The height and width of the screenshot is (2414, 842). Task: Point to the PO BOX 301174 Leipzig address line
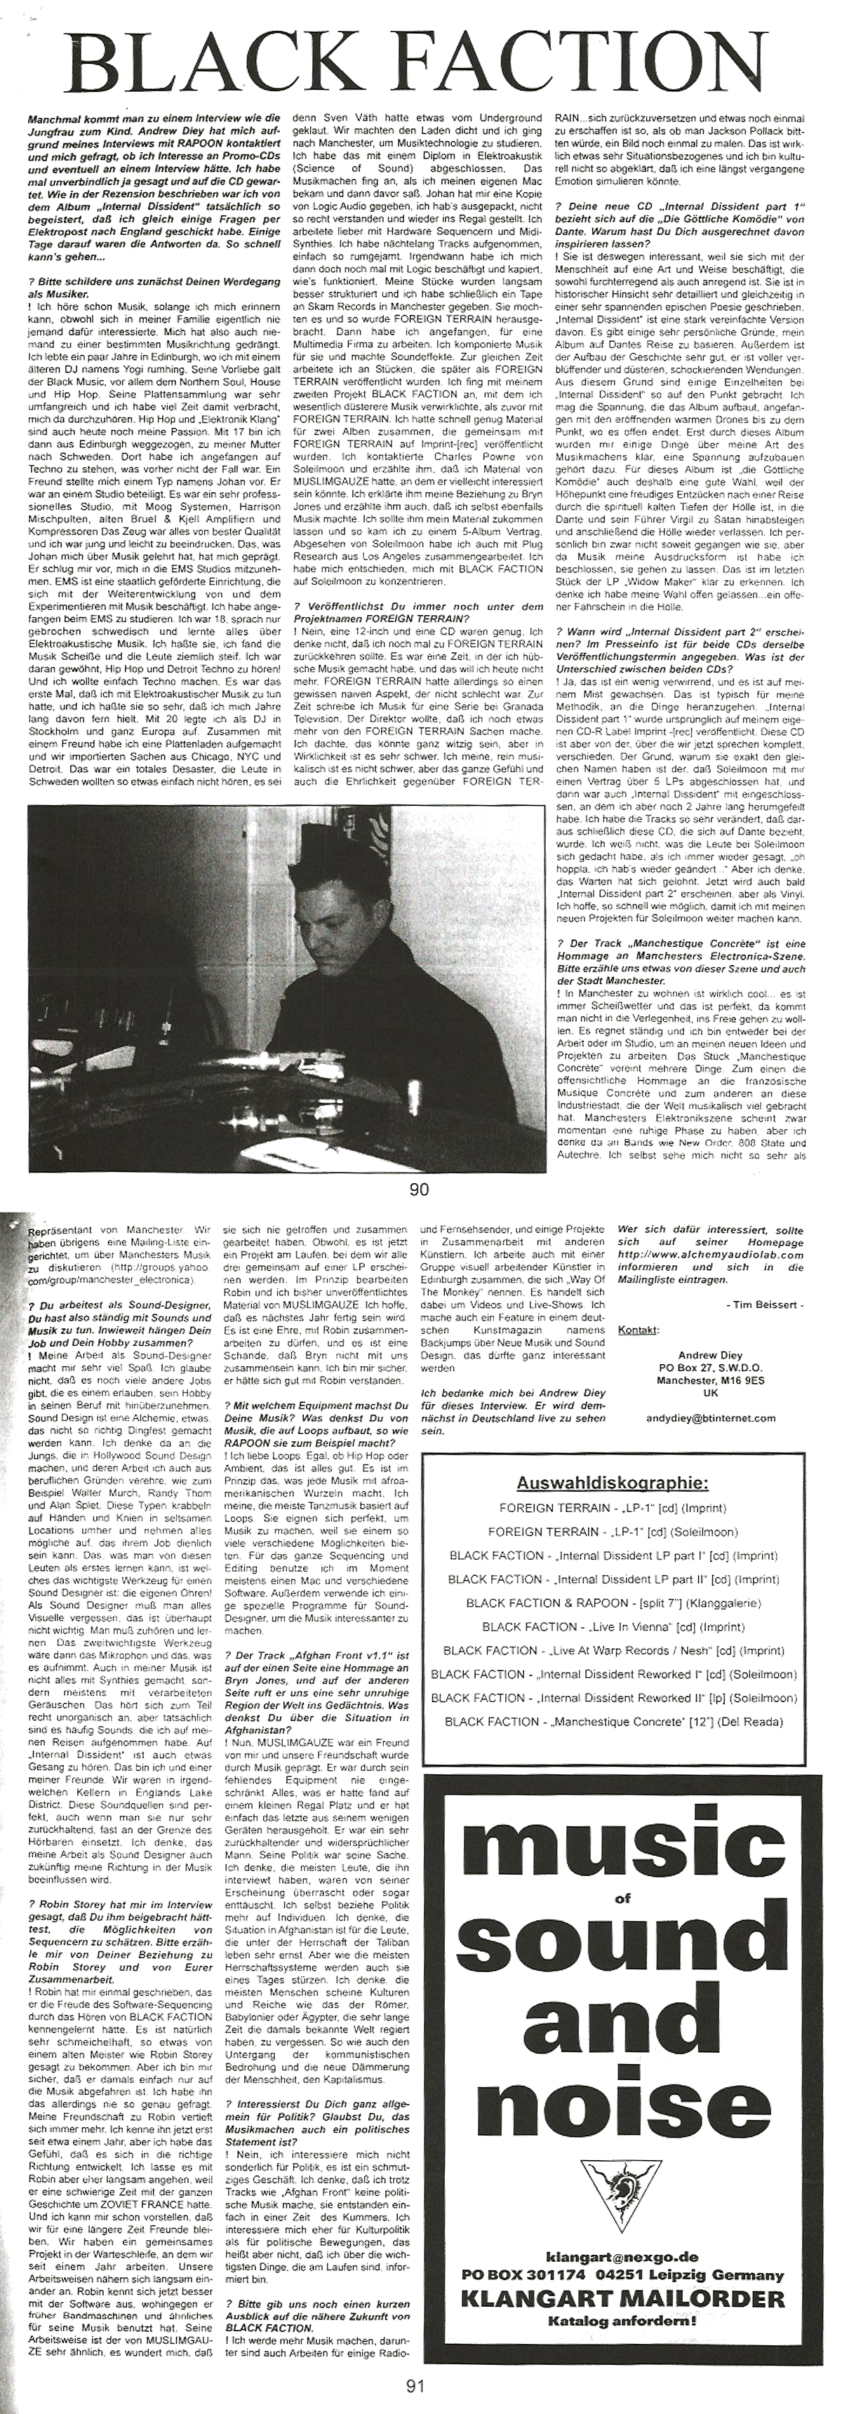622,2275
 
